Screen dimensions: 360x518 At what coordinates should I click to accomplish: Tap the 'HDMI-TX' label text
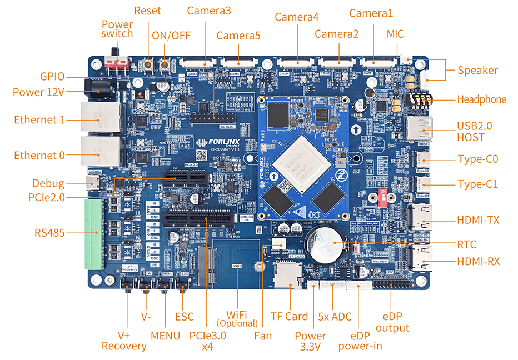pyautogui.click(x=477, y=220)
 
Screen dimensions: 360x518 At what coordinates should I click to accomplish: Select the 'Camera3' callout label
pyautogui.click(x=209, y=11)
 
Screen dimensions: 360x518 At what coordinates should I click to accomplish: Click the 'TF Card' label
pyautogui.click(x=289, y=316)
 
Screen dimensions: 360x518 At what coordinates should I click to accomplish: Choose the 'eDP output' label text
pyautogui.click(x=396, y=322)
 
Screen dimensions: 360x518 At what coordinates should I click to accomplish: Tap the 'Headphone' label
pyautogui.click(x=481, y=99)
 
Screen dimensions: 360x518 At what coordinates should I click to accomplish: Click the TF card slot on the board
pyautogui.click(x=288, y=275)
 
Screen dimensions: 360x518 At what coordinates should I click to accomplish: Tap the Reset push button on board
pyautogui.click(x=148, y=66)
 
